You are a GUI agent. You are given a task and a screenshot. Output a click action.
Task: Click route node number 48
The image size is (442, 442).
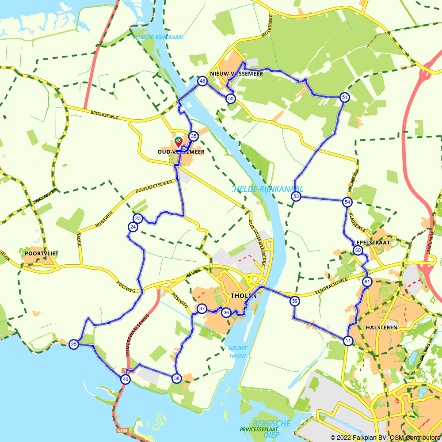pyautogui.click(x=202, y=81)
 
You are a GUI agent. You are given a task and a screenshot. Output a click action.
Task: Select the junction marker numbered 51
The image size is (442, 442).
pyautogui.click(x=345, y=97)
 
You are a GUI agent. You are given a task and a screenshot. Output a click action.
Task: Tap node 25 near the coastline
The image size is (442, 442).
pyautogui.click(x=74, y=344)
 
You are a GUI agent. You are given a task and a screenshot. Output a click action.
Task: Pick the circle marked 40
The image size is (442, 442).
pyautogui.click(x=126, y=379)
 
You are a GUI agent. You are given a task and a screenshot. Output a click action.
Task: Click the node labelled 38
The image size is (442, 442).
pyautogui.click(x=176, y=378)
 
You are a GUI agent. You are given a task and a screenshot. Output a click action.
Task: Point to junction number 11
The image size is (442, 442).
pyautogui.click(x=348, y=340)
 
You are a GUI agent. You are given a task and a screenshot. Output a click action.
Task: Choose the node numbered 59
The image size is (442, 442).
pyautogui.click(x=294, y=301)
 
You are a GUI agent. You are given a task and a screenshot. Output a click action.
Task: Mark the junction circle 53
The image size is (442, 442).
pyautogui.click(x=296, y=196)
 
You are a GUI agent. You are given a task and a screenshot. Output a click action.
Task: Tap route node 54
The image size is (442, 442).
pyautogui.click(x=347, y=202)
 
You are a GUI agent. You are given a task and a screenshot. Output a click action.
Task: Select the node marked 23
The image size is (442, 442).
pyautogui.click(x=138, y=218)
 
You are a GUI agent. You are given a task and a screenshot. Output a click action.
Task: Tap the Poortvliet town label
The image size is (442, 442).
pyautogui.click(x=42, y=253)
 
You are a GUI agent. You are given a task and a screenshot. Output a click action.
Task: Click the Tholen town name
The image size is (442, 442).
pyautogui.click(x=243, y=296)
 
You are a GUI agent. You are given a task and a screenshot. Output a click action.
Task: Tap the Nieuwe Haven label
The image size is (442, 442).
pyautogui.click(x=238, y=351)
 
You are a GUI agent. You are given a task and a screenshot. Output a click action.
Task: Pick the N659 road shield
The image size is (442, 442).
pyautogui.click(x=122, y=430)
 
